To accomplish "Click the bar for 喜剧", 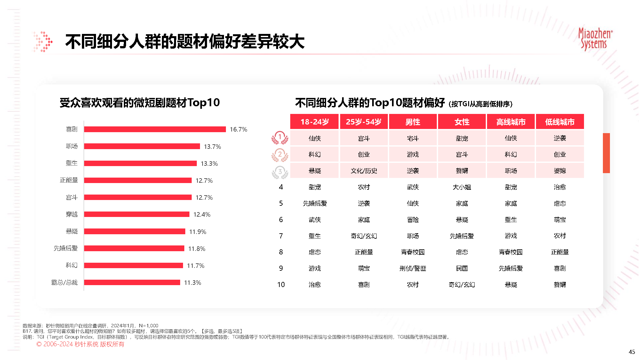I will (155, 129).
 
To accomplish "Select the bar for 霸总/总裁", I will (132, 282).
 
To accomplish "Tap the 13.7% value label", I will (212, 147).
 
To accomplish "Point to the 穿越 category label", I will (72, 214).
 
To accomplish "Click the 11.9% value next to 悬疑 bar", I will (198, 232).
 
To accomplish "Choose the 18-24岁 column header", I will (315, 122).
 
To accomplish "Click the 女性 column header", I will (462, 122).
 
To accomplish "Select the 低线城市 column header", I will (560, 122).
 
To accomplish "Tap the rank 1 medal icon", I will (280, 138).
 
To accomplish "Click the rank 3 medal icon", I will (280, 172).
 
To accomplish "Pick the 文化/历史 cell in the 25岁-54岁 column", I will (364, 171).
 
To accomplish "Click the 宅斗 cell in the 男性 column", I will (413, 138).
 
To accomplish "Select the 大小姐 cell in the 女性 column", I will (462, 187).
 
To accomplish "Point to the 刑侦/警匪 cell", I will (413, 268).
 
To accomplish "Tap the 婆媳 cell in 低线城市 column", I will (560, 171).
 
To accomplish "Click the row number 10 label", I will (281, 284).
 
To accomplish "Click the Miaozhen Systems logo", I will (595, 39).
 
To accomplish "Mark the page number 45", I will (632, 352).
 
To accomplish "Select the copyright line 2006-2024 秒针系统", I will (80, 344).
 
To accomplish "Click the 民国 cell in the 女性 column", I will (462, 268).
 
